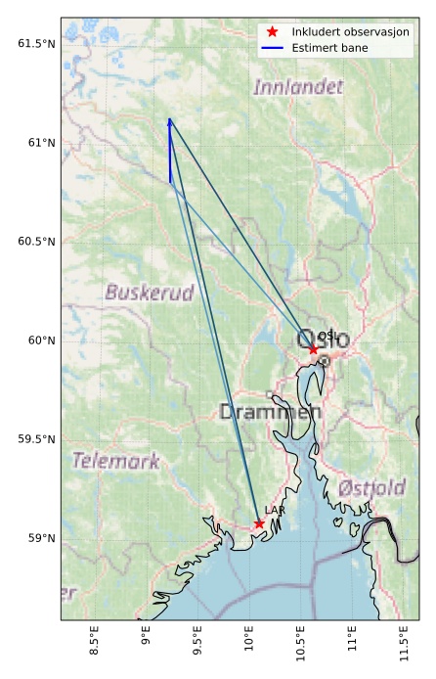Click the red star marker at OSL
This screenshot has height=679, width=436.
313,348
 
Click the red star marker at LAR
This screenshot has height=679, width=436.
259,523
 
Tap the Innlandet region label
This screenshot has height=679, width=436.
298,87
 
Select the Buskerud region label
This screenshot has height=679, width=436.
150,293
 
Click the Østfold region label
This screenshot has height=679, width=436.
371,488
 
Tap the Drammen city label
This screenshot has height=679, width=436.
270,412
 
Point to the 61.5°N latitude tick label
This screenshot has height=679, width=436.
37,44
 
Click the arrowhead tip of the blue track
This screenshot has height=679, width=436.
169,119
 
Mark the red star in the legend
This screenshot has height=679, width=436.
274,31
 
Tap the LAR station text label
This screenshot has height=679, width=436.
275,511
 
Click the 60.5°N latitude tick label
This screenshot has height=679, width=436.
37,242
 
